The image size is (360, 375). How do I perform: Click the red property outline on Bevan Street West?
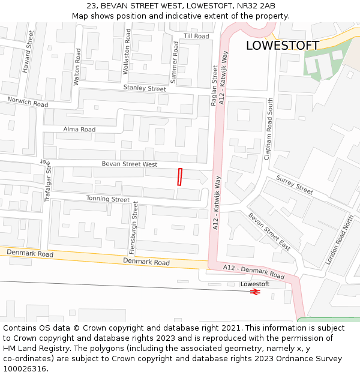pos(179,177)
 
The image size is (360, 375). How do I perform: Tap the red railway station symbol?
pos(255,292)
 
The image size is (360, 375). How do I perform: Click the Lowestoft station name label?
pos(255,284)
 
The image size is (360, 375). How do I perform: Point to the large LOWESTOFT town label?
pos(283,46)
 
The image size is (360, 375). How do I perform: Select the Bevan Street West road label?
pos(129,164)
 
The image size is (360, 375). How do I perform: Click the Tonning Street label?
pos(108,199)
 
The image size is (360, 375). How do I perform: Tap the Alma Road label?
pos(79,129)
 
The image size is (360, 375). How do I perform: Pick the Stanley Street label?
pos(145,89)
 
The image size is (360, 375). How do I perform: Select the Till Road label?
pos(196,36)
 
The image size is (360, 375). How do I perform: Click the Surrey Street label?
pos(295,185)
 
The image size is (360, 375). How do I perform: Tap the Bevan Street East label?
pos(269,230)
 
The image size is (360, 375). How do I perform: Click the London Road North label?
pos(340,240)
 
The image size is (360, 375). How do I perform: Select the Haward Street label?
pos(28,52)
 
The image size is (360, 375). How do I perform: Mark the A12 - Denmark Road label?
pos(254,271)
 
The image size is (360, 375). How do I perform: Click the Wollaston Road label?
pos(127,51)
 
